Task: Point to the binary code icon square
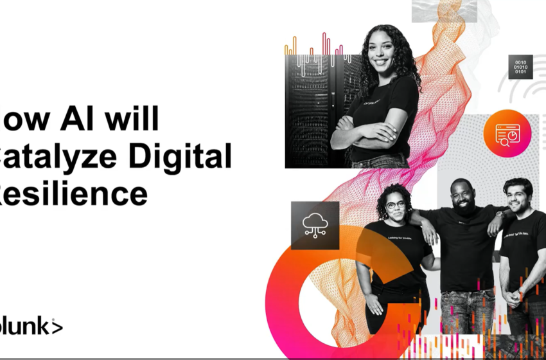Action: [520, 67]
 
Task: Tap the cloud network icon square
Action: [314, 225]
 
